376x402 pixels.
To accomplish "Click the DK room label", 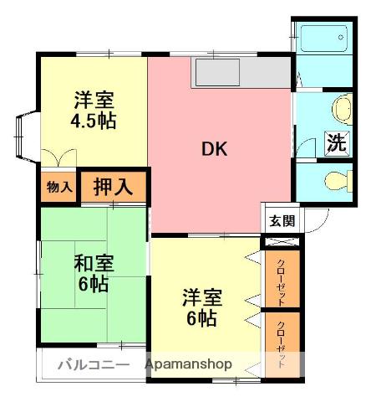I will coord(215,151).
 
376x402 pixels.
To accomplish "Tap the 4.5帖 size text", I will coord(93,121).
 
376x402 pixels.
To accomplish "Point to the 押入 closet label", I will coord(112,187).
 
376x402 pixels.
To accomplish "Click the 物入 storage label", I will coord(58,188).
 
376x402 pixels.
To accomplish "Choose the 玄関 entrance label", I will coord(280,221).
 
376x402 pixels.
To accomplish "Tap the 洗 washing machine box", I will coord(336,142).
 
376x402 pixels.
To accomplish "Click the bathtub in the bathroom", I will coord(323,38).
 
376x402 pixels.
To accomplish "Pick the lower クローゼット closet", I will coord(281,343).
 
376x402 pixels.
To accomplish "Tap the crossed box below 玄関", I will coord(279,240).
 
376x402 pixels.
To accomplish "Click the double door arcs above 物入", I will coord(58,157).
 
